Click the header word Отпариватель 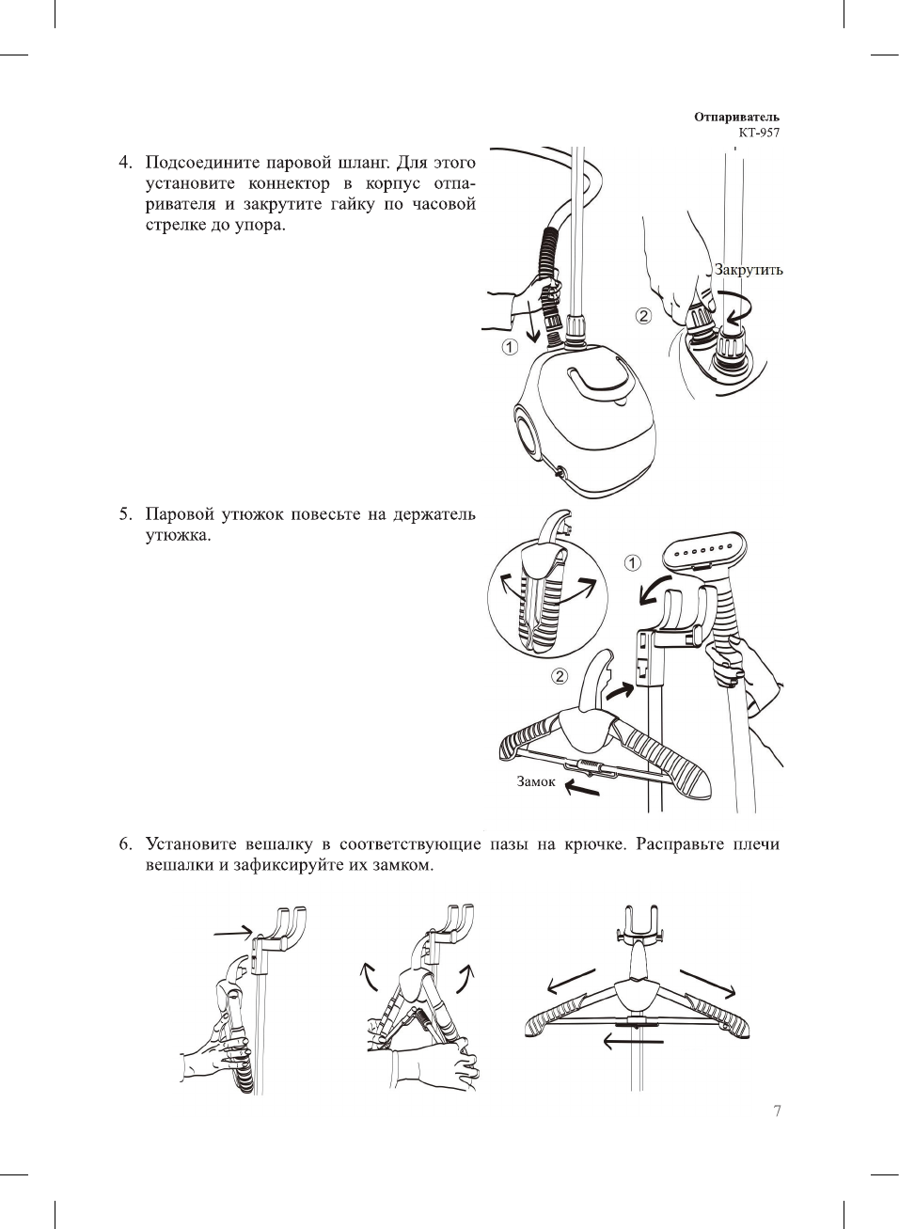coord(736,118)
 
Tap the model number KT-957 coord(758,133)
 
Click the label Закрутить coord(749,270)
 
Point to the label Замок coord(536,781)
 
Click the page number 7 coord(777,1111)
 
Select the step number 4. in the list coord(125,162)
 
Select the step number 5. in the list coord(125,514)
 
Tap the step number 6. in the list coord(125,843)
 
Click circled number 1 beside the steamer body coord(509,347)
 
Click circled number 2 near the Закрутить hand coord(643,315)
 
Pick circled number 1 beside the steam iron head coord(632,563)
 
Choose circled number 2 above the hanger coord(559,676)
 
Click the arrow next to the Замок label coord(581,789)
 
